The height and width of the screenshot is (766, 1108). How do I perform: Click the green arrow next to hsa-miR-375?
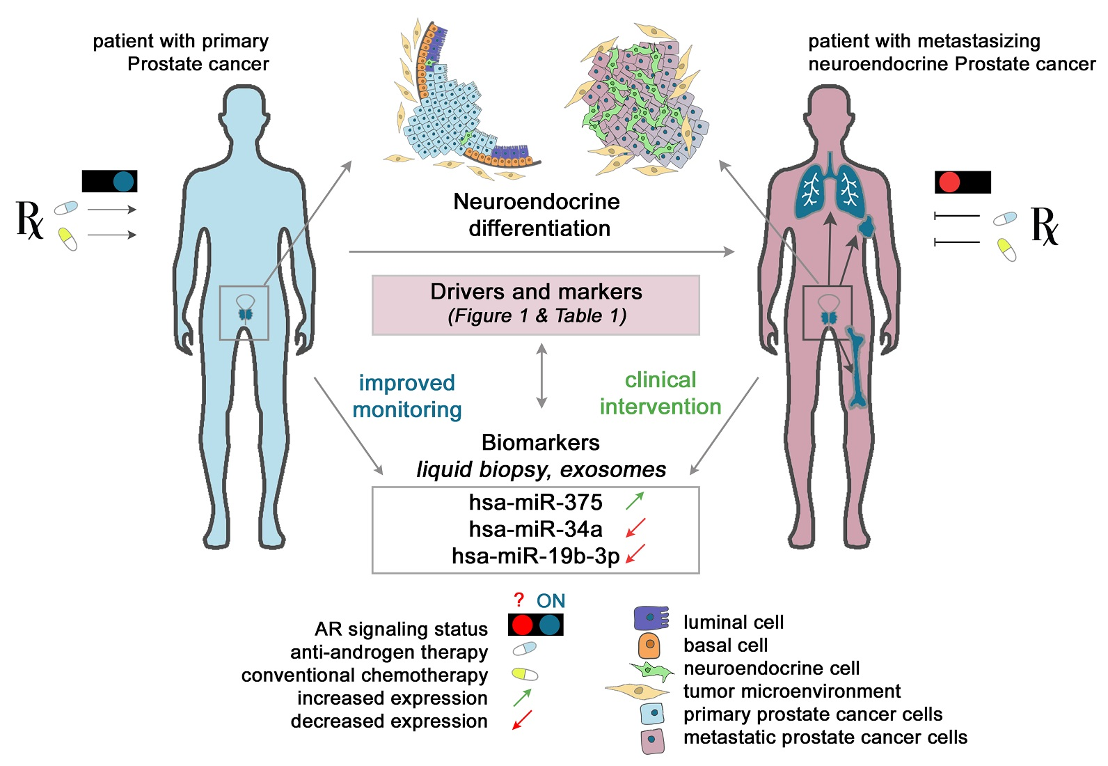click(x=635, y=501)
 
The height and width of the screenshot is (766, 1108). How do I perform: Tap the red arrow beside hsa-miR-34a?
click(x=635, y=528)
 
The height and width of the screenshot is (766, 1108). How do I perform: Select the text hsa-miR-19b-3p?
click(x=535, y=556)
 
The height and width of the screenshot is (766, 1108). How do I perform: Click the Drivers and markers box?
click(x=535, y=304)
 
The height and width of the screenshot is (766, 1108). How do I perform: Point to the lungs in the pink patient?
click(x=829, y=190)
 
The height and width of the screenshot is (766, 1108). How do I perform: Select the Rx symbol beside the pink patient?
click(x=1044, y=226)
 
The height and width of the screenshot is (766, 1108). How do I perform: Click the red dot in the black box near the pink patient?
click(x=949, y=182)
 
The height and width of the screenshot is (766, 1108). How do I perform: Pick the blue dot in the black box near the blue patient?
click(x=123, y=181)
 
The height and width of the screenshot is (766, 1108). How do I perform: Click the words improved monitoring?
click(x=407, y=396)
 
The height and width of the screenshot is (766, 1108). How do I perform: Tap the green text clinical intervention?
click(x=660, y=393)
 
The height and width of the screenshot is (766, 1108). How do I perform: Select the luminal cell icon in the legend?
click(x=651, y=618)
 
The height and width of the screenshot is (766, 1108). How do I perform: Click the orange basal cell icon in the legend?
click(x=649, y=645)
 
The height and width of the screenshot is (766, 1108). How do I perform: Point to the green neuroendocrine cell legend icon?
click(x=651, y=670)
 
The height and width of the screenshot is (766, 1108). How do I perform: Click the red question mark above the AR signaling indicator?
click(x=519, y=600)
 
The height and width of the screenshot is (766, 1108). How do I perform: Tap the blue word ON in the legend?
click(x=551, y=600)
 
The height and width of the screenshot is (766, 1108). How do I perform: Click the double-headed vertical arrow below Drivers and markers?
click(x=541, y=375)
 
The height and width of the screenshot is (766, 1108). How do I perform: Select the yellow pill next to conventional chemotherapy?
click(x=525, y=674)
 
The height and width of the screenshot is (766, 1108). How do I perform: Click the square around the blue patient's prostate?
click(x=244, y=312)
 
